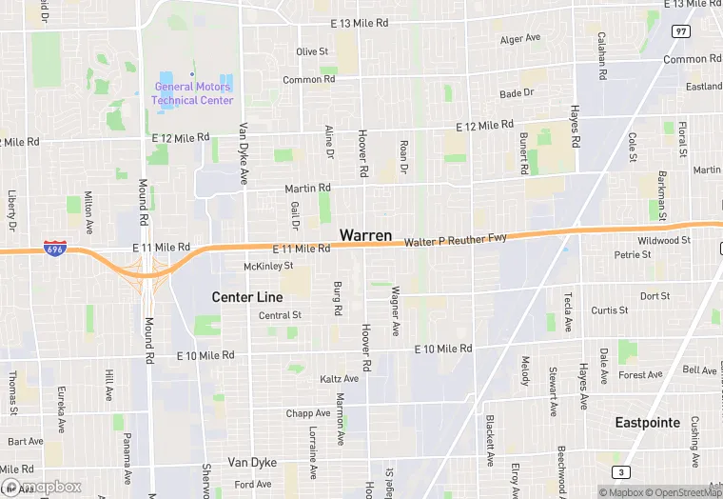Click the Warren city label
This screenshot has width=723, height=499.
365,234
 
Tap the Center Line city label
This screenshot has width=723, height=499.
246,297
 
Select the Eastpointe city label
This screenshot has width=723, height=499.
647,422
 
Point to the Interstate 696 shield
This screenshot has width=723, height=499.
55,249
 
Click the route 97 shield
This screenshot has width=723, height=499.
680,31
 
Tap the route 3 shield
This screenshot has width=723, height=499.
621,472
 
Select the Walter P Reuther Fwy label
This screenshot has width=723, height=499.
456,242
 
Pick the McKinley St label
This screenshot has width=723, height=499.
268,267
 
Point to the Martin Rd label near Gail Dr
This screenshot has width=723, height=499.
307,189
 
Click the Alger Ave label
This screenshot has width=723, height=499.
520,39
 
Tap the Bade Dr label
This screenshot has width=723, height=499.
517,93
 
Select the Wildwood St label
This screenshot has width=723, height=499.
664,241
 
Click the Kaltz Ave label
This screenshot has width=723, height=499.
339,379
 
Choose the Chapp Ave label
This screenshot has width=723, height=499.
307,413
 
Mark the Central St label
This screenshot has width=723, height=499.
280,315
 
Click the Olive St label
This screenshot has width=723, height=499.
312,51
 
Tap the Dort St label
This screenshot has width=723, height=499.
655,296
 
